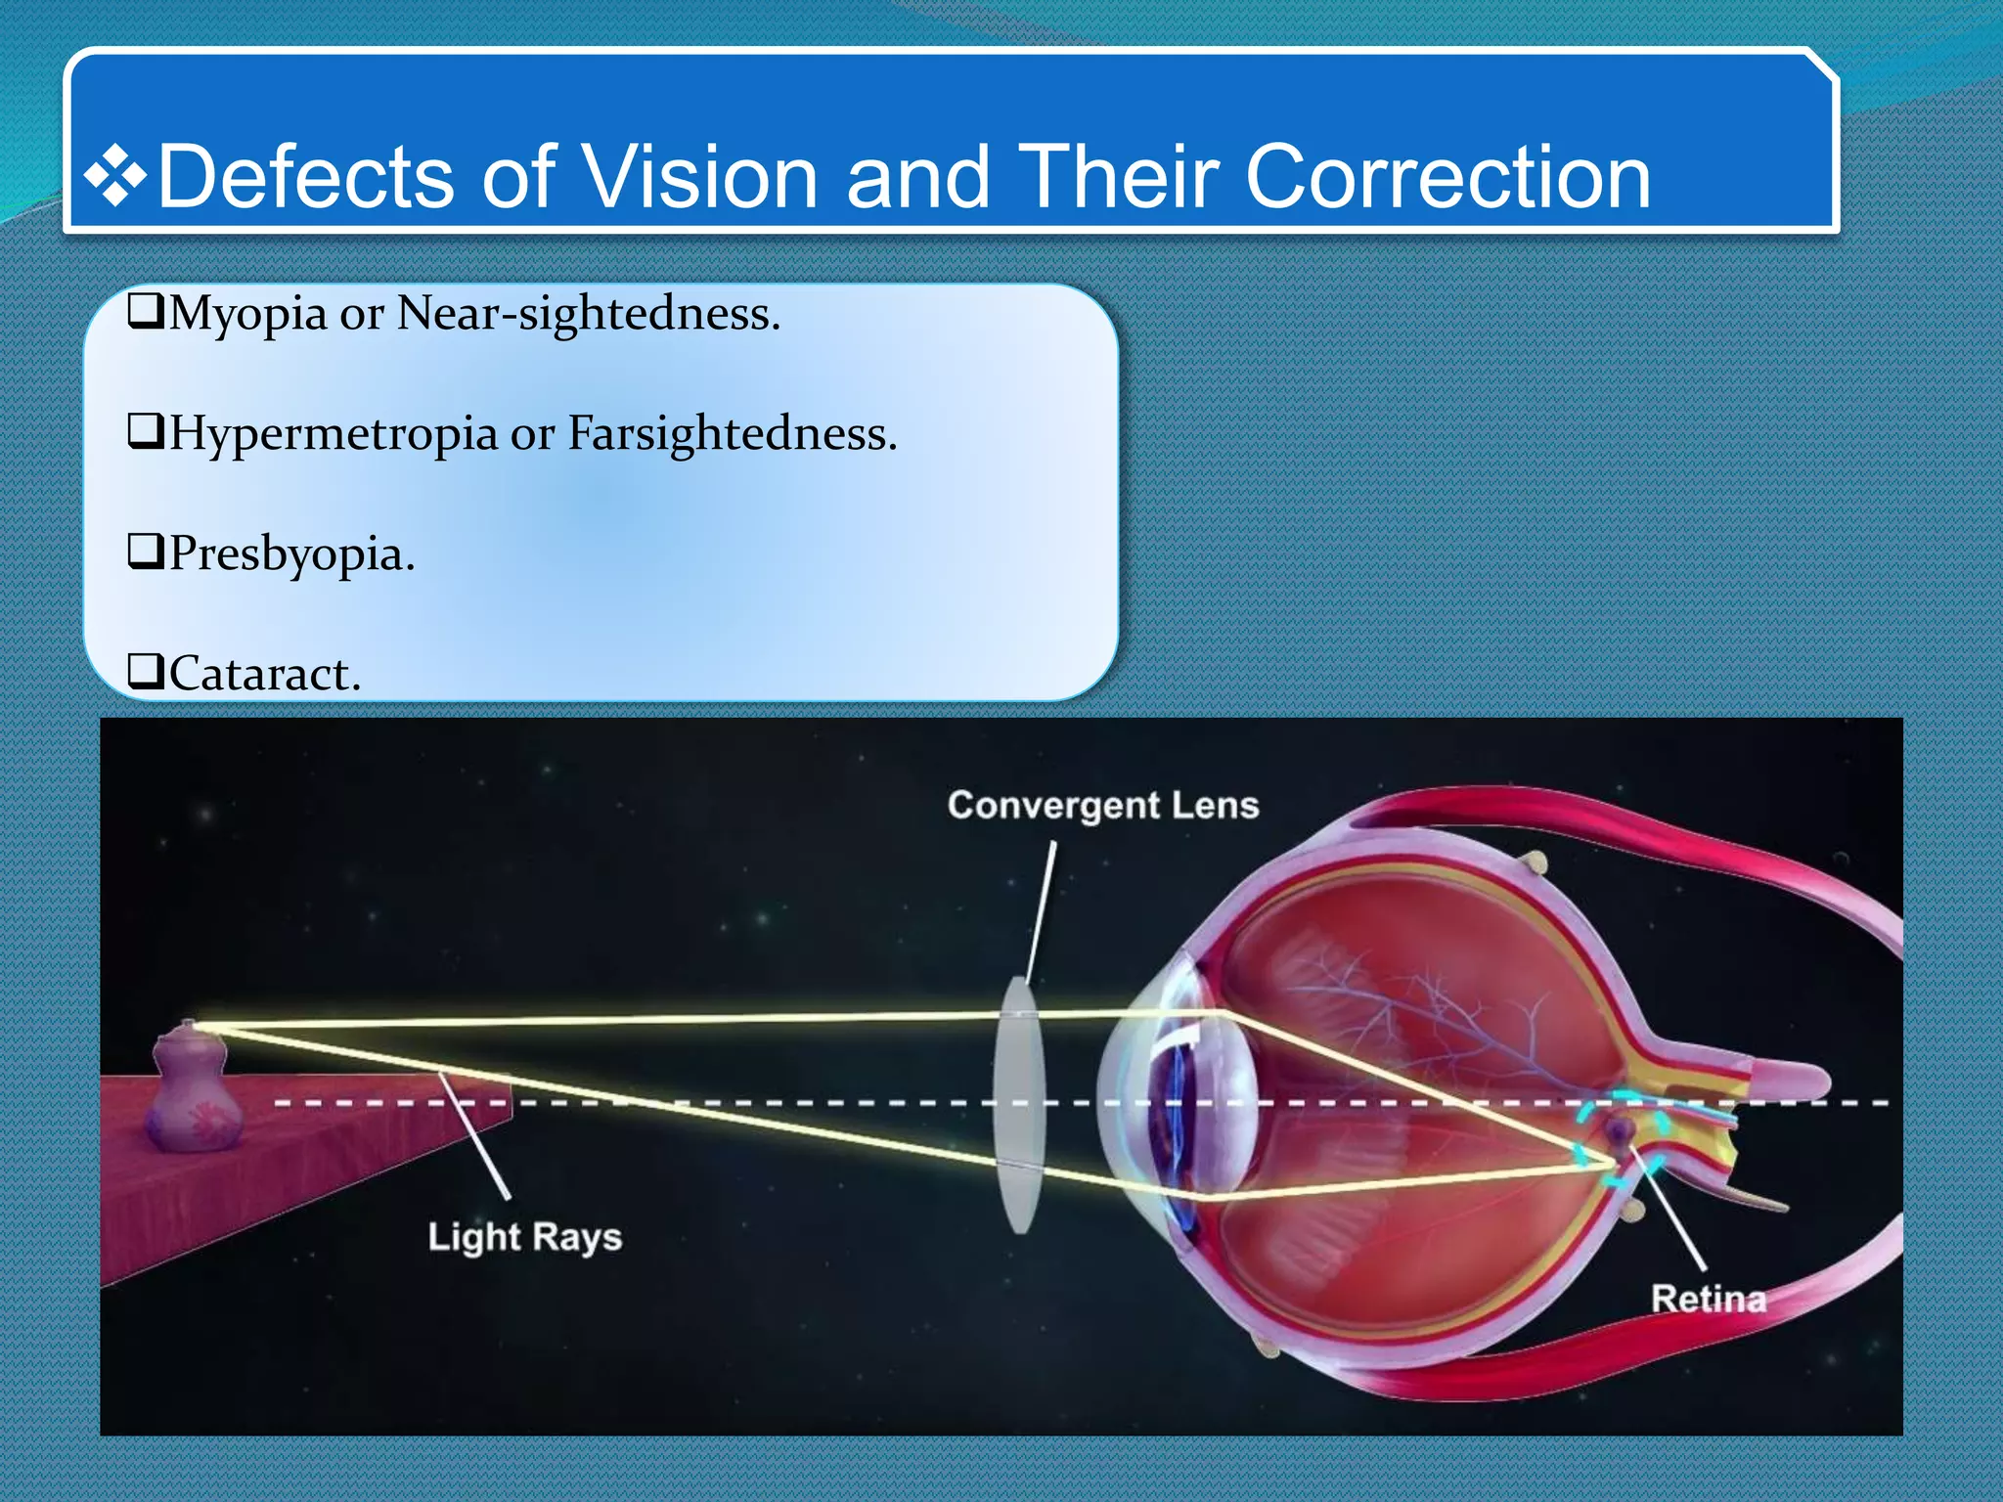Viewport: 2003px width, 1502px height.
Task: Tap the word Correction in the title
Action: point(1447,177)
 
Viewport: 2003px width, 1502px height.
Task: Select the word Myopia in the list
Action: point(247,315)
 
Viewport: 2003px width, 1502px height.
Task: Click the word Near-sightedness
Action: point(588,315)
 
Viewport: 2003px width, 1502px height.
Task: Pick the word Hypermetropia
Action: point(334,435)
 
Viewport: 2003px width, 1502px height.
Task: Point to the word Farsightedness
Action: point(732,433)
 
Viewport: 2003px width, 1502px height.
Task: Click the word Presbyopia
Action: point(291,555)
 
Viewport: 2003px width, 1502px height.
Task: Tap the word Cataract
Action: point(264,675)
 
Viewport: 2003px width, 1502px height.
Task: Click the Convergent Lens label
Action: point(1102,806)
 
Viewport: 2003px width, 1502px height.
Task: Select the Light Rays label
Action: point(524,1237)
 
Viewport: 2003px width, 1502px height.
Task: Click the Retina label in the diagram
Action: point(1709,1299)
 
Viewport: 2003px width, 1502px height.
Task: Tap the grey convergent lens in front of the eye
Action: point(1019,1105)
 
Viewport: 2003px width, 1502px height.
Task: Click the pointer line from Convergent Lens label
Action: point(1042,909)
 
